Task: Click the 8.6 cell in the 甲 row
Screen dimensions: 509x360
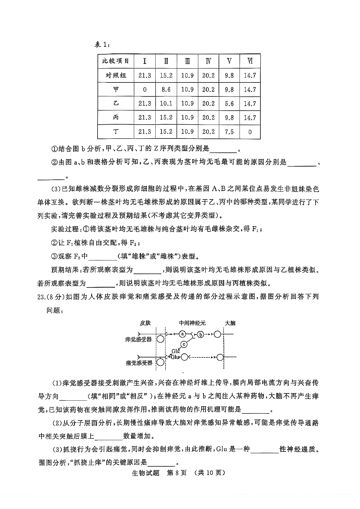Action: (x=166, y=89)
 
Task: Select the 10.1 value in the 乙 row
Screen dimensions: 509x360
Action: (x=166, y=103)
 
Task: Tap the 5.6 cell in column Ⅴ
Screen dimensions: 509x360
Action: (x=229, y=103)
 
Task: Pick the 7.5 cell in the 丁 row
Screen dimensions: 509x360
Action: (x=229, y=132)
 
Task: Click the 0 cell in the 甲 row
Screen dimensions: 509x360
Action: (x=145, y=89)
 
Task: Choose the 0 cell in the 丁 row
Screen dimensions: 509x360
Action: (x=250, y=132)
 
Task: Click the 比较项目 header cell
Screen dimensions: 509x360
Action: (x=116, y=61)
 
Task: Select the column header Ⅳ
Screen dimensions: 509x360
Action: (x=208, y=61)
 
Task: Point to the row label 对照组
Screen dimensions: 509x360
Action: (x=116, y=75)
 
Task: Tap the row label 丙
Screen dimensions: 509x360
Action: (x=116, y=118)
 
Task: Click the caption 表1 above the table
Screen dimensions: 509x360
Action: (x=102, y=45)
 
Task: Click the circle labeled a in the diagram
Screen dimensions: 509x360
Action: (x=182, y=334)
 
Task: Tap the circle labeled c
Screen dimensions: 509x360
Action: (x=184, y=344)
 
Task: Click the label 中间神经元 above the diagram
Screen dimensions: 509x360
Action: (x=192, y=323)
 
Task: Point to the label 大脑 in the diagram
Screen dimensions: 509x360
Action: (x=230, y=323)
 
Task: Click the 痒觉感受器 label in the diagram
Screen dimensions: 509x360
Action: (x=138, y=339)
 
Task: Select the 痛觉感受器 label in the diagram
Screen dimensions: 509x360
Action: (x=139, y=363)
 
